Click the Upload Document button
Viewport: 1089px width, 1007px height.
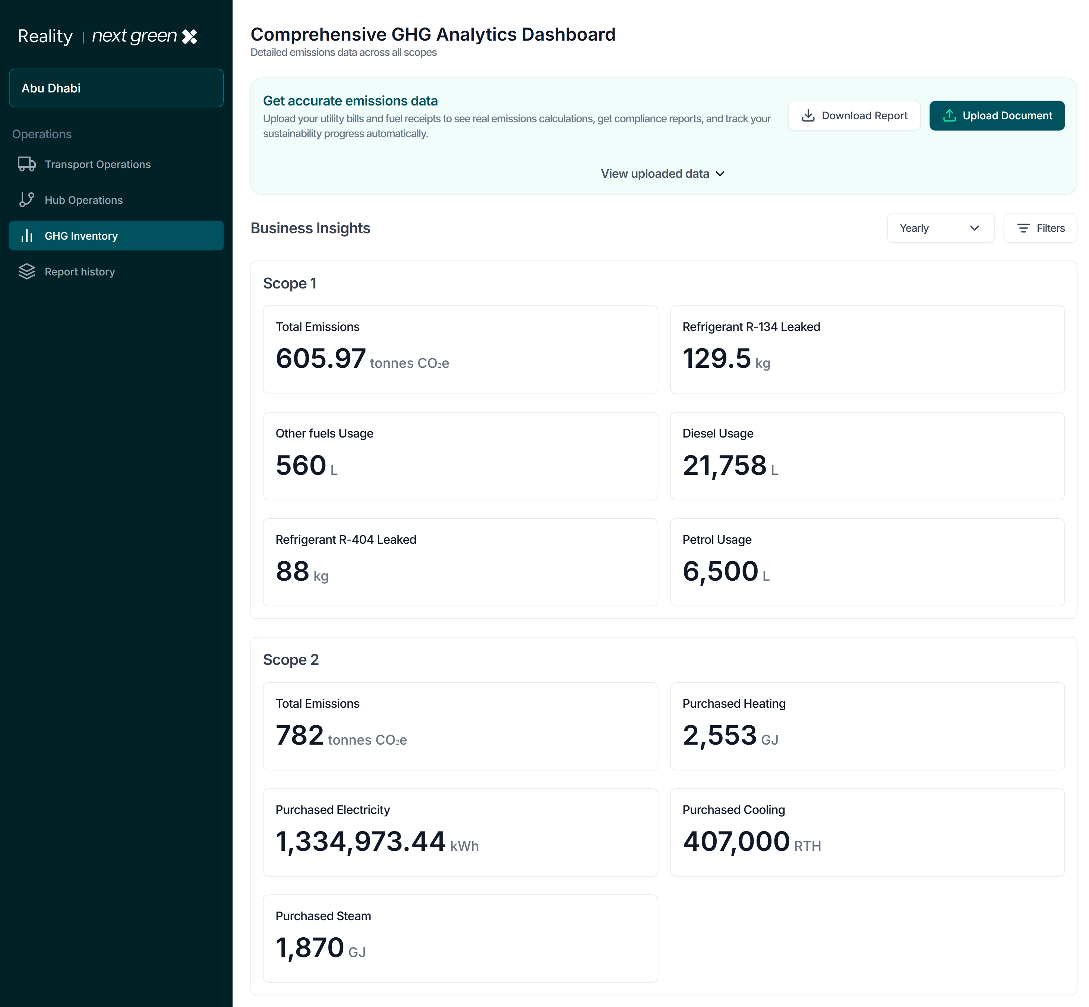pyautogui.click(x=997, y=116)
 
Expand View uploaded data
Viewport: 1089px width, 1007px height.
pyautogui.click(x=662, y=174)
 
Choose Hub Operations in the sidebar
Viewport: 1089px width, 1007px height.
pyautogui.click(x=83, y=200)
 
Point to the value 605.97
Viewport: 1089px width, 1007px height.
pyautogui.click(x=320, y=359)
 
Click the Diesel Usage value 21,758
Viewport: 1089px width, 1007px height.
pyautogui.click(x=724, y=465)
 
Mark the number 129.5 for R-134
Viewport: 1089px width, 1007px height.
pyautogui.click(x=716, y=359)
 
